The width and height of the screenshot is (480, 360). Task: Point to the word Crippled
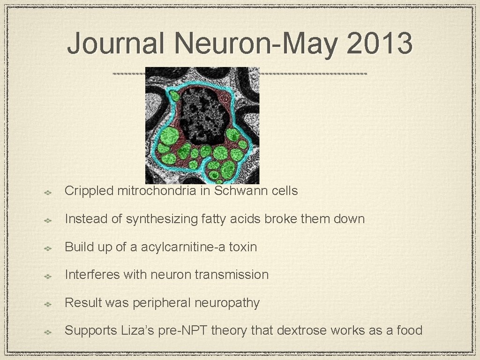click(89, 191)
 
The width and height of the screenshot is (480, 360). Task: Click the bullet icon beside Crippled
click(48, 192)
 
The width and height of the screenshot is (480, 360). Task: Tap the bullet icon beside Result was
click(48, 304)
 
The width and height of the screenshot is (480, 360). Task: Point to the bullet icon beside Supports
click(48, 332)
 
